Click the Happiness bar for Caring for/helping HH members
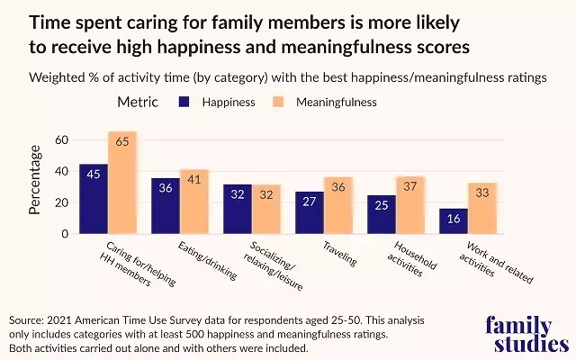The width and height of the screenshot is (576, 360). pyautogui.click(x=94, y=199)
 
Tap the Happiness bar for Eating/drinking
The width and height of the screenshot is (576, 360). pyautogui.click(x=166, y=206)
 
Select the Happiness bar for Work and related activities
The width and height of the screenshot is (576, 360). pyautogui.click(x=454, y=221)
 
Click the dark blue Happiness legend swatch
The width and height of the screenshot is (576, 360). pyautogui.click(x=185, y=103)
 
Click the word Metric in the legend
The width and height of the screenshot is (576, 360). pyautogui.click(x=139, y=103)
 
